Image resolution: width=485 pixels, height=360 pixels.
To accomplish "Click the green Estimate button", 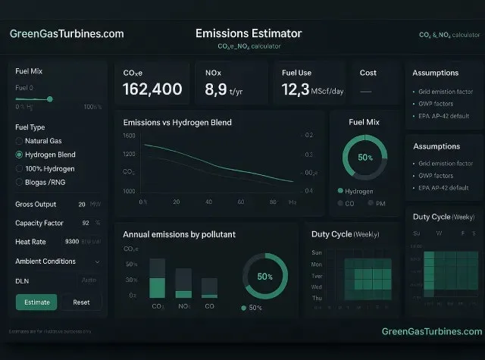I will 36,302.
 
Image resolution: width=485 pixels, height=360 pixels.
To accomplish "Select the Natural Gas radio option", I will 19,141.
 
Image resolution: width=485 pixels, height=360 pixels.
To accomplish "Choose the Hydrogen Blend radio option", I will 19,155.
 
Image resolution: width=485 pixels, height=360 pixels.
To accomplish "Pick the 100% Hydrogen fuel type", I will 19,168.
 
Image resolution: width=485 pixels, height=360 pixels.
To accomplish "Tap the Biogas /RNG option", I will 19,182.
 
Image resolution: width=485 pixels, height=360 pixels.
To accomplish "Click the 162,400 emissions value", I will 152,89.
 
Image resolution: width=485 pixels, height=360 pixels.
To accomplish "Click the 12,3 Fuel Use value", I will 294,89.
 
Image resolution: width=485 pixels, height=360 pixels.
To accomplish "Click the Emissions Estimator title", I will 249,33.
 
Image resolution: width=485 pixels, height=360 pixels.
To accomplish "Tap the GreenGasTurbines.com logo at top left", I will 67,34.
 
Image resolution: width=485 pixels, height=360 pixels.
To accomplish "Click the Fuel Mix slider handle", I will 50,99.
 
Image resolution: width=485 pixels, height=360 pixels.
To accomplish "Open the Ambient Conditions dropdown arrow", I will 97,261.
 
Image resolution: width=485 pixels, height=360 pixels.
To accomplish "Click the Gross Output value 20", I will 82,204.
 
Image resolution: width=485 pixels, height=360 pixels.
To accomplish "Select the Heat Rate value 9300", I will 72,242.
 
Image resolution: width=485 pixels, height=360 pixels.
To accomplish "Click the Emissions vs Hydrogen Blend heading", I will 177,122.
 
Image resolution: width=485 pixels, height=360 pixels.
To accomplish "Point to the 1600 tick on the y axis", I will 129,136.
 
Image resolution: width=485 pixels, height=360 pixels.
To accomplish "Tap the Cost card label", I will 368,73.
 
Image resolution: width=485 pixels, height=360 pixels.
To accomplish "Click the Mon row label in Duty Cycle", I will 317,264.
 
